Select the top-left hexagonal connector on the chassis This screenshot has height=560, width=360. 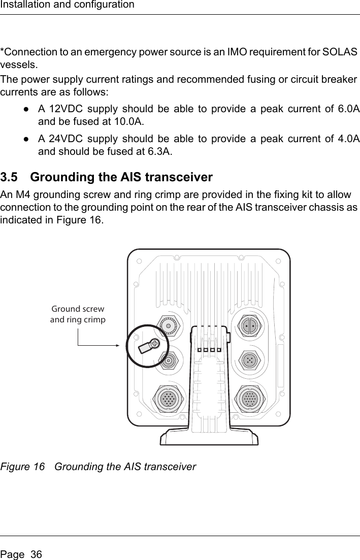[x=168, y=325]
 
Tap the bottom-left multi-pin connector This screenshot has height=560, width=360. [x=168, y=399]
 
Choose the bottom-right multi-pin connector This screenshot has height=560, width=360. [x=249, y=399]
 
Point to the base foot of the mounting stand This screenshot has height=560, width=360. [x=209, y=437]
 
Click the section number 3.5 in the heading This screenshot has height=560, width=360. [x=10, y=178]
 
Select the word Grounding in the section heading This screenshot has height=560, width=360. [x=66, y=178]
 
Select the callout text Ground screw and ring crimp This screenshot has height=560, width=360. [x=78, y=314]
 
